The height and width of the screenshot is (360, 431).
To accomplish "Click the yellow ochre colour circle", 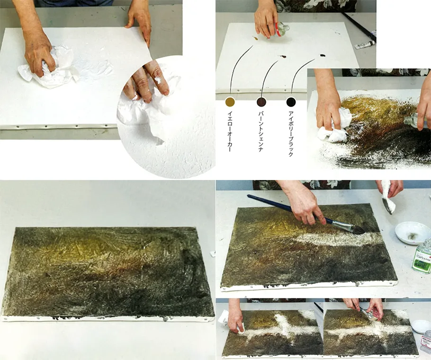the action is click(x=230, y=102).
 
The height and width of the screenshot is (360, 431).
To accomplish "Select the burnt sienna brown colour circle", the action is click(x=261, y=102).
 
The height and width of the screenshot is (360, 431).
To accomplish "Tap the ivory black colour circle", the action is click(x=291, y=102).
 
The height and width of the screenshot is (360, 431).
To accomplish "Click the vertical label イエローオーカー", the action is click(x=230, y=131).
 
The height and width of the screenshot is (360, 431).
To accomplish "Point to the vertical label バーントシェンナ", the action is click(x=261, y=131).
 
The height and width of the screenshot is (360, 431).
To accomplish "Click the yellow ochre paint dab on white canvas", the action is click(x=255, y=38).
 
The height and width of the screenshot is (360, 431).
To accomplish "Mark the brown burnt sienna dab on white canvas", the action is click(x=283, y=57).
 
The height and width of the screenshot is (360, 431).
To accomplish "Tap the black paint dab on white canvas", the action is click(x=323, y=55).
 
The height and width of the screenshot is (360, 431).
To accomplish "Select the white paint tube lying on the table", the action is click(x=364, y=44).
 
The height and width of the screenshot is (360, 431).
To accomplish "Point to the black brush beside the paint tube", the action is click(x=359, y=26).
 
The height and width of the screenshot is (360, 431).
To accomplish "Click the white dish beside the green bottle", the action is click(x=412, y=233).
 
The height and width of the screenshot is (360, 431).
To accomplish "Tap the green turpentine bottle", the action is click(x=422, y=257).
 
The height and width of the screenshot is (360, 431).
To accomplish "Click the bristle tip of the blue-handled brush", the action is click(x=357, y=230).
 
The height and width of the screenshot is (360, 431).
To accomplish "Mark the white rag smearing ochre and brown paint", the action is click(x=334, y=126).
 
